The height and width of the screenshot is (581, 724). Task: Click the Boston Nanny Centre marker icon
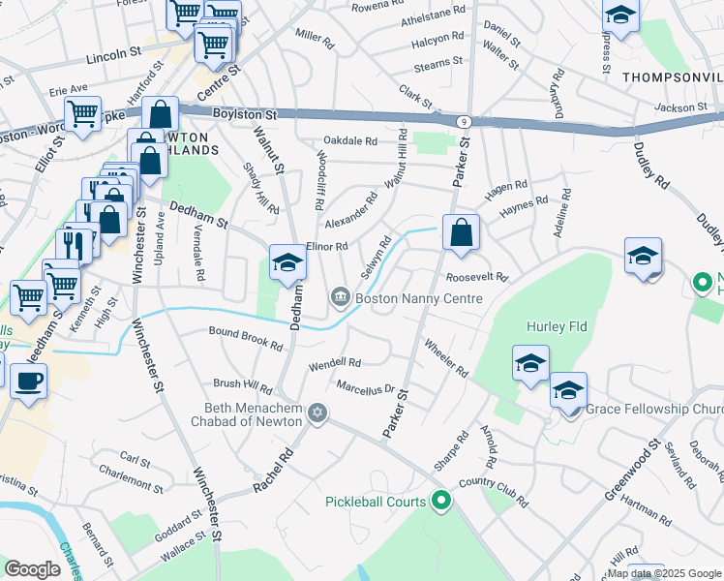(x=340, y=297)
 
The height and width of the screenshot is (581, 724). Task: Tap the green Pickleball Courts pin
(x=441, y=501)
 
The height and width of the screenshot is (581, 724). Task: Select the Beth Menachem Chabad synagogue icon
(x=317, y=414)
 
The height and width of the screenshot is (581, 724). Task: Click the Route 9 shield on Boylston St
(x=467, y=121)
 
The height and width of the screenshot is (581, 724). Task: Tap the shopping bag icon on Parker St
(x=461, y=233)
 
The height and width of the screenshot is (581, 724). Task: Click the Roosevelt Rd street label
(x=477, y=277)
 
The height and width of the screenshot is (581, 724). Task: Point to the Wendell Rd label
(x=334, y=365)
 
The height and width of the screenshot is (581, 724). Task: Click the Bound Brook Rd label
(x=246, y=338)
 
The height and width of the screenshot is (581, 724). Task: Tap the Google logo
(x=33, y=569)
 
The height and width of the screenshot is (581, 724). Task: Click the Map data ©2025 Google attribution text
(x=664, y=573)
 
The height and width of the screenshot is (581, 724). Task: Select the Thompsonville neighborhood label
(x=672, y=76)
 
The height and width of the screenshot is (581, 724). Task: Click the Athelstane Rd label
(x=433, y=16)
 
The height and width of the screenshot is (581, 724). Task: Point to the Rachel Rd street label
(x=272, y=470)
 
